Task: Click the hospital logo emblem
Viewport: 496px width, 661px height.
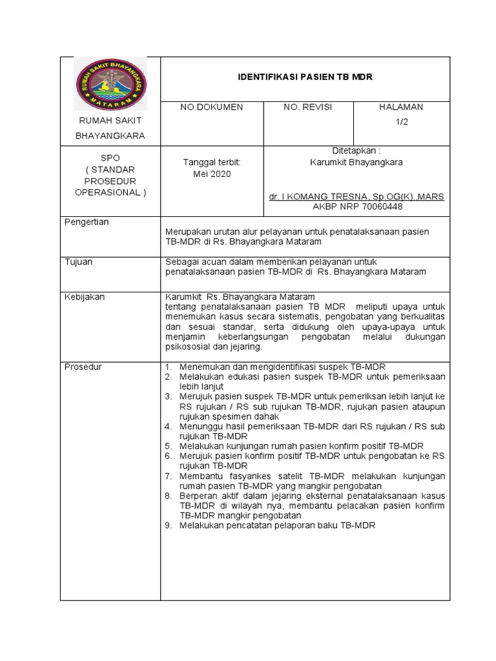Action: pyautogui.click(x=110, y=83)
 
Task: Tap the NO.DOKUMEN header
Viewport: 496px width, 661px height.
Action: pyautogui.click(x=212, y=107)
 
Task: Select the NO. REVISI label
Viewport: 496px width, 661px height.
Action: pyautogui.click(x=308, y=107)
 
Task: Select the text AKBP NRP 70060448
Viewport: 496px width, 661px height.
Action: pyautogui.click(x=356, y=207)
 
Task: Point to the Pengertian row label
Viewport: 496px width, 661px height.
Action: pyautogui.click(x=87, y=222)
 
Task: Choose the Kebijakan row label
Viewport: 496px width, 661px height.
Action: pyautogui.click(x=85, y=297)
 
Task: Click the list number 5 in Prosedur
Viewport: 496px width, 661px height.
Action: pyautogui.click(x=168, y=446)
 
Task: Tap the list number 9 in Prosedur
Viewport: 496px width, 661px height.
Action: pyautogui.click(x=168, y=525)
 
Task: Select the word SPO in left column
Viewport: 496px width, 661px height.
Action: pyautogui.click(x=110, y=158)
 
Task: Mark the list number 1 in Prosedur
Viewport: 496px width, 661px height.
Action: pyautogui.click(x=168, y=367)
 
